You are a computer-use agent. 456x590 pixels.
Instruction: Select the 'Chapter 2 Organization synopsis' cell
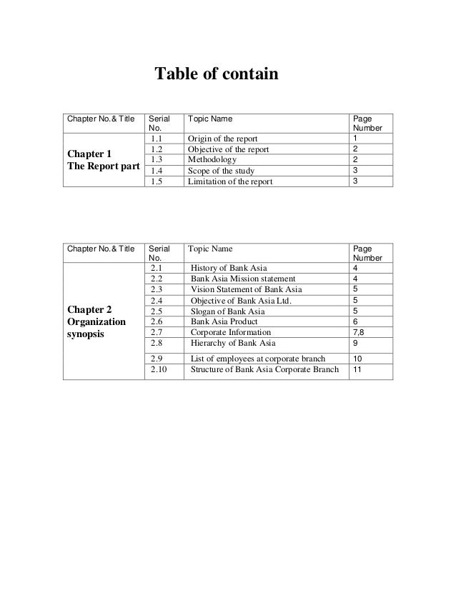96,322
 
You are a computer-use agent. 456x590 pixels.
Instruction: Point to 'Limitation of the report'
229,181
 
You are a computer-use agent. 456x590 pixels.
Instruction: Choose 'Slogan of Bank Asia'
228,311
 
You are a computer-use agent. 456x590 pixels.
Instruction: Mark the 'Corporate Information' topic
231,332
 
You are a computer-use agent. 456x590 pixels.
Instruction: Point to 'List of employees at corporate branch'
259,358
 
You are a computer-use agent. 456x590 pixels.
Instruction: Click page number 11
357,370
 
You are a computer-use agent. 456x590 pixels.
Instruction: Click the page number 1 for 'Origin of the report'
355,138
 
